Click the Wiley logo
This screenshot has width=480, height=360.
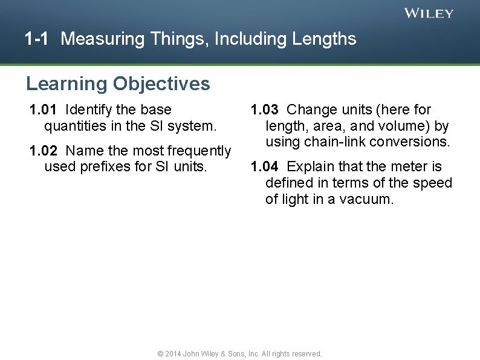click(429, 13)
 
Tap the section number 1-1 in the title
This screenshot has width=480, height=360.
click(36, 39)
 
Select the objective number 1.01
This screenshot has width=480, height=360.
click(44, 110)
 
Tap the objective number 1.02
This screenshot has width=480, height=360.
click(44, 150)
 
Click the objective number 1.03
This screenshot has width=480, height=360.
click(265, 110)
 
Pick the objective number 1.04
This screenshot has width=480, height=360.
click(265, 166)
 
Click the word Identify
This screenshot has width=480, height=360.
click(89, 110)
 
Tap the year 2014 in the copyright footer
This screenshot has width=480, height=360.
click(173, 353)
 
